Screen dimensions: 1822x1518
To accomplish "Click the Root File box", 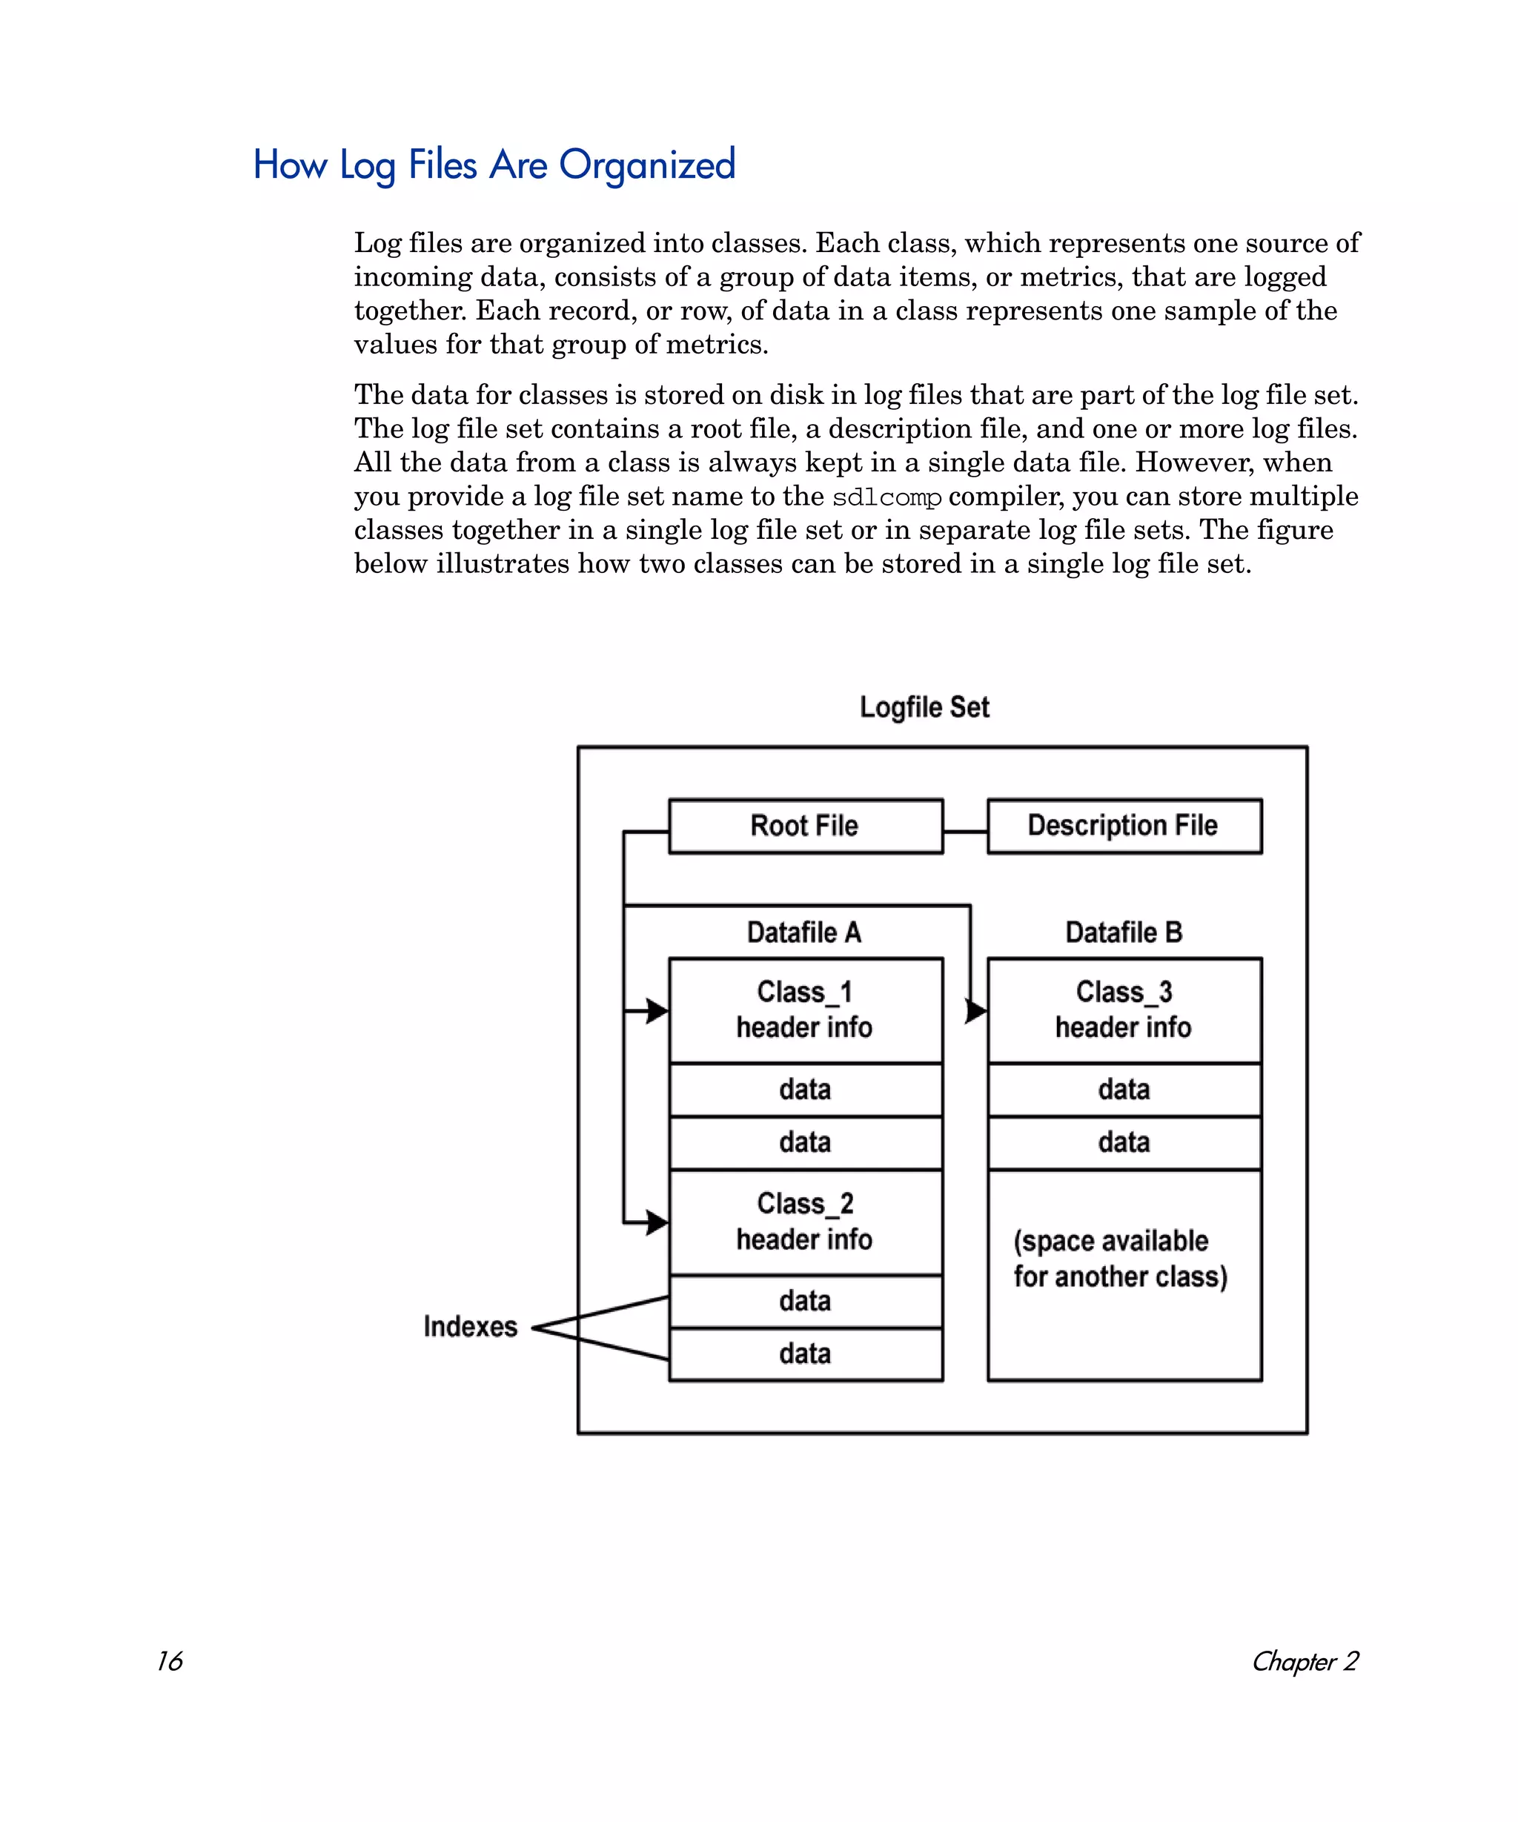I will (805, 826).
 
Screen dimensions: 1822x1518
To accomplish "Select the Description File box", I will (1124, 826).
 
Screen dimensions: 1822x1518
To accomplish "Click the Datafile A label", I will (804, 932).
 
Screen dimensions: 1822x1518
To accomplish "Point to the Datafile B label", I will (1124, 932).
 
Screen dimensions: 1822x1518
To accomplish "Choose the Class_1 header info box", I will (805, 1010).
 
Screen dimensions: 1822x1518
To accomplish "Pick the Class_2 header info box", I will (805, 1222).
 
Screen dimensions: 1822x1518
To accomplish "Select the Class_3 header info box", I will (1124, 1010).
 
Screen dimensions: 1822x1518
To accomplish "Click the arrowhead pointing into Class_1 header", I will (657, 1011).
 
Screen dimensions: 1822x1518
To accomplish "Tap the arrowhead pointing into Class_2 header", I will (657, 1222).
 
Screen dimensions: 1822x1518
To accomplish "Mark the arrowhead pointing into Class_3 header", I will (976, 1011).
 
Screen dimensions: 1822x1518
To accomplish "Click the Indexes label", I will (470, 1327).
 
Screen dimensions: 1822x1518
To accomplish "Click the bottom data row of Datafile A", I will (805, 1354).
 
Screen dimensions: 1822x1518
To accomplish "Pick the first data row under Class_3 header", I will (1124, 1090).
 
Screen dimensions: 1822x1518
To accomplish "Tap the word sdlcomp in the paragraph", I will (886, 498).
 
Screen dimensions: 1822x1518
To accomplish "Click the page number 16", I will (169, 1660).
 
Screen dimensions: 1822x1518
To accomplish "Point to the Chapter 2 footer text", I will (1305, 1660).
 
